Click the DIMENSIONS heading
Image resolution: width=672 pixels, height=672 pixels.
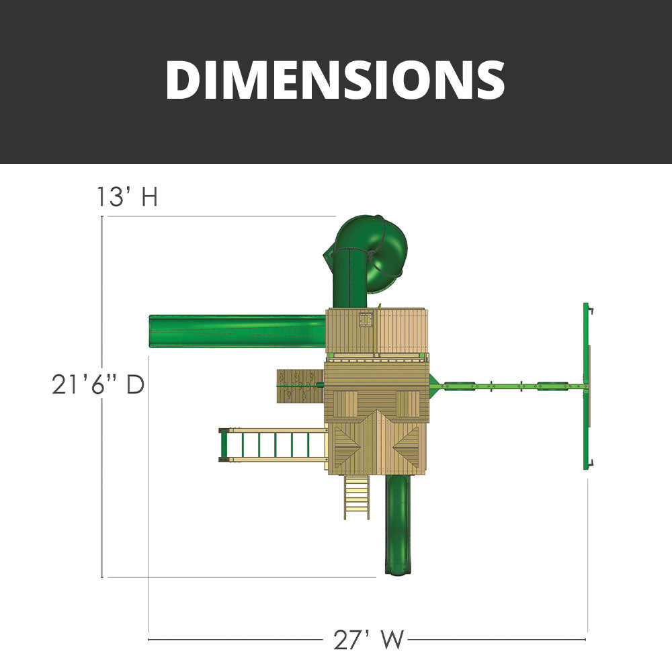335,80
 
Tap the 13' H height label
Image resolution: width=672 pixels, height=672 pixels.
127,197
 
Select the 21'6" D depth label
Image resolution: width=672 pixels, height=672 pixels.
97,384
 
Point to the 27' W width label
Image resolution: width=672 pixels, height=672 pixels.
369,640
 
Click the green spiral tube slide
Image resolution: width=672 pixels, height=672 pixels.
365,261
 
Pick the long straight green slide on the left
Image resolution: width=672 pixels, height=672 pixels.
237,331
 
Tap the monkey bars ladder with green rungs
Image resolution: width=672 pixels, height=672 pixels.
273,445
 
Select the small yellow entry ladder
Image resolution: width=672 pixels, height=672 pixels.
357,497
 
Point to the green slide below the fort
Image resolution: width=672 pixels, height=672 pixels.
398,525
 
